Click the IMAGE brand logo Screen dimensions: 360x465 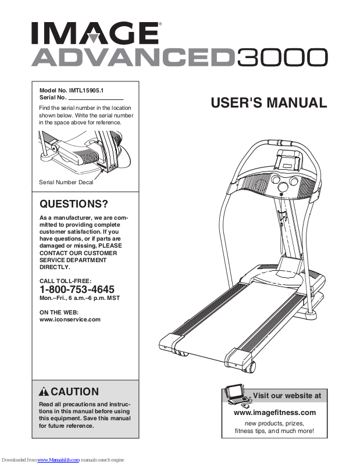point(95,33)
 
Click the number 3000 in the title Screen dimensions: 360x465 point(282,58)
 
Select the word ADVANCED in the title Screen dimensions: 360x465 point(132,58)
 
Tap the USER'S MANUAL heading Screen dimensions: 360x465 point(269,103)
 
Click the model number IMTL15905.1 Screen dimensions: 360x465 point(86,91)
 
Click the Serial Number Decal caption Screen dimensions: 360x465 point(66,183)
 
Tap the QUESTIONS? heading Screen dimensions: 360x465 point(74,204)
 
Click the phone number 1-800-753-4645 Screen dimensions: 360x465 point(77,289)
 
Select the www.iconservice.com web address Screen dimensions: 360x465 point(70,320)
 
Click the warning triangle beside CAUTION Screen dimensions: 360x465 point(44,391)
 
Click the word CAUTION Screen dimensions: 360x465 point(74,391)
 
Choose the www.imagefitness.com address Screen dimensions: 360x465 point(275,413)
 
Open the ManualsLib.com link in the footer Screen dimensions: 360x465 point(59,460)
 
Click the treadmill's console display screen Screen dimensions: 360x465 point(288,164)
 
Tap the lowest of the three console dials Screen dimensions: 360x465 point(283,187)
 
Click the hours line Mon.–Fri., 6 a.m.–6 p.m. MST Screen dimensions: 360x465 point(80,298)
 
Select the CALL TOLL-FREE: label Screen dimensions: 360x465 point(65,281)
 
